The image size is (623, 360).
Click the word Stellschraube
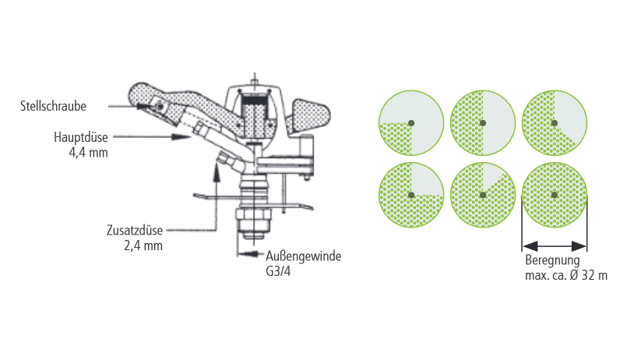[53, 106]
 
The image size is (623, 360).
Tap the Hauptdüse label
[81, 137]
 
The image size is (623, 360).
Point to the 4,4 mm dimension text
[89, 153]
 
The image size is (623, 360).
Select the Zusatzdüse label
[135, 231]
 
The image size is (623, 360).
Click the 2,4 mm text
[143, 246]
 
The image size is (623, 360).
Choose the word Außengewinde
[304, 256]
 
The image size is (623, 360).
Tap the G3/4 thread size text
[278, 271]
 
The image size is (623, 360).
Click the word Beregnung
[553, 261]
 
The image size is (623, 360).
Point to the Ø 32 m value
[589, 275]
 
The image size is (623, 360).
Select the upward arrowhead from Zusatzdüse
[216, 173]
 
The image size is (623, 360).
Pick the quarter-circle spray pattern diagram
[411, 123]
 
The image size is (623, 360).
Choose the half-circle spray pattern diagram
[483, 123]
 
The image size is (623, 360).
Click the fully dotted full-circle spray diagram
[554, 195]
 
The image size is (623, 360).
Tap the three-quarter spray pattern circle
[411, 195]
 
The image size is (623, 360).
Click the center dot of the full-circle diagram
[554, 195]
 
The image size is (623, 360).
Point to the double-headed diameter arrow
[554, 246]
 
